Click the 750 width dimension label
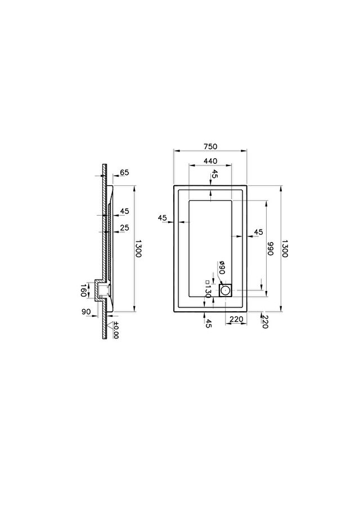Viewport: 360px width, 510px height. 210,147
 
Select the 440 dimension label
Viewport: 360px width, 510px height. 210,161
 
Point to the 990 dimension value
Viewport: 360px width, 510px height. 270,249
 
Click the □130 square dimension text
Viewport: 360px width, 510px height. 208,289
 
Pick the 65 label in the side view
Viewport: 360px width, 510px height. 124,172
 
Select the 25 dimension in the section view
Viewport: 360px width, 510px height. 124,227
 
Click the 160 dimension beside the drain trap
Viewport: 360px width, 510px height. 83,290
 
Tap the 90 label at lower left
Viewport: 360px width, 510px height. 86,312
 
